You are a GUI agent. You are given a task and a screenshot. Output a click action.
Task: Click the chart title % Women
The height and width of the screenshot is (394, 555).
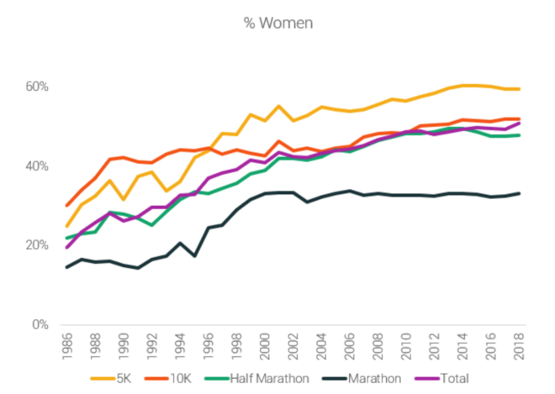277,23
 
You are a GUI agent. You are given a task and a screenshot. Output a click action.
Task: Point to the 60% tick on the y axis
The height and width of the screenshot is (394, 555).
38,87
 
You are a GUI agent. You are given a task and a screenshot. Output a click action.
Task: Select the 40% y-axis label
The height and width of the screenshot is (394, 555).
38,166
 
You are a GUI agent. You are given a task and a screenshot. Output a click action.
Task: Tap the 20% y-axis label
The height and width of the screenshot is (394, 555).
38,245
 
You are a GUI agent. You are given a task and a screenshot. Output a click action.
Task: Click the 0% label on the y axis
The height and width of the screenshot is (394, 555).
41,324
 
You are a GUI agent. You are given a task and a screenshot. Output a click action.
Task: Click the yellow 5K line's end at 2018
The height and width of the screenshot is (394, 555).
520,89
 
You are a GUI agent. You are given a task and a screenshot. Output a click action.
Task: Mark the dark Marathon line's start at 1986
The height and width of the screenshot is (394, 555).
67,267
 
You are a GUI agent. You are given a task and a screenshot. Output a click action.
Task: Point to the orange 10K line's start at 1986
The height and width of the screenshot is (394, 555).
67,205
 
